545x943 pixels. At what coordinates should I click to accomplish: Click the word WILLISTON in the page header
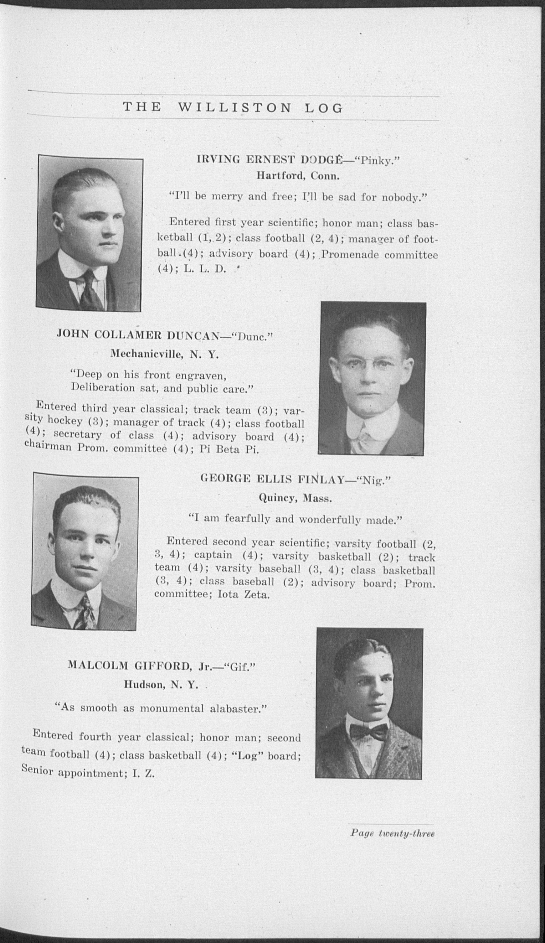(x=234, y=108)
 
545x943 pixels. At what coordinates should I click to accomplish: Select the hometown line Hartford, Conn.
(x=298, y=175)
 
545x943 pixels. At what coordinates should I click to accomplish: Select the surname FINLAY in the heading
(x=321, y=479)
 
